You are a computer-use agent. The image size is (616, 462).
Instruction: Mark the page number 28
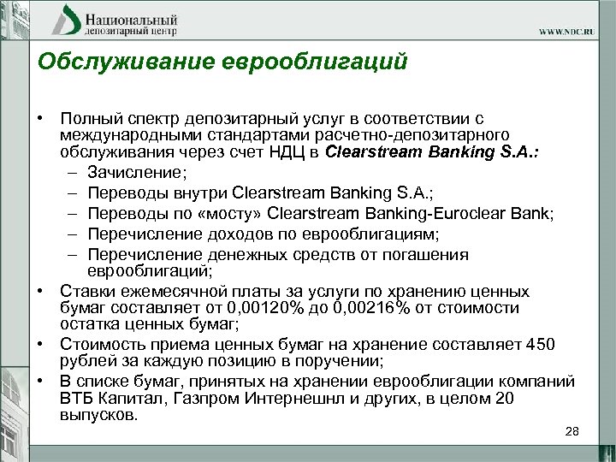coord(572,432)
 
